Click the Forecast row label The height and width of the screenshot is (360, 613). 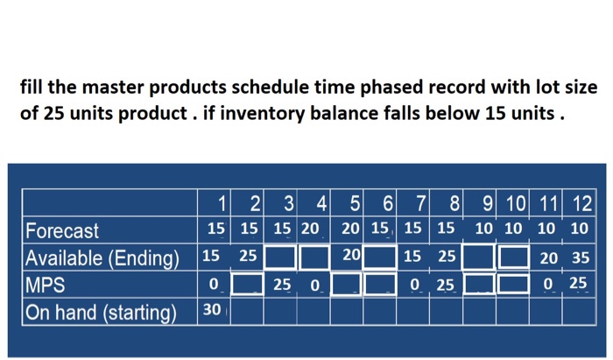point(62,231)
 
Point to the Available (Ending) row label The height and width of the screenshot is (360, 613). point(102,258)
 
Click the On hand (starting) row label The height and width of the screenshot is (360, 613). point(101,312)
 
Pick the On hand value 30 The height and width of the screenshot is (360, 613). point(212,310)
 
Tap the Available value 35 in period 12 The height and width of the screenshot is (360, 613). point(578,258)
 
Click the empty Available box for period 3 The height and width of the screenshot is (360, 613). point(280,258)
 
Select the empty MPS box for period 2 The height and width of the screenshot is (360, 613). point(249,285)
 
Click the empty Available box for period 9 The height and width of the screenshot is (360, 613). point(480,258)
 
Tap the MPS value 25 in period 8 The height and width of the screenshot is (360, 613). point(447,286)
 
